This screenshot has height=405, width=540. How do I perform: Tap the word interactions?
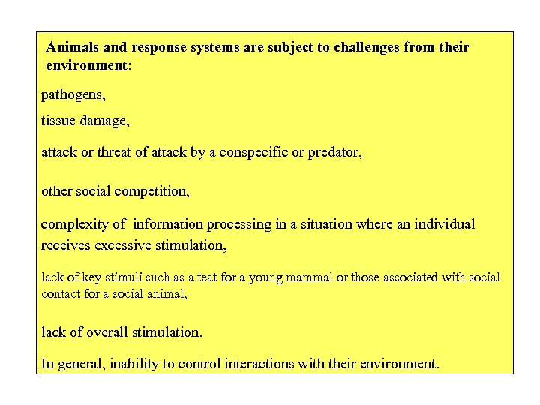coord(268,364)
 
